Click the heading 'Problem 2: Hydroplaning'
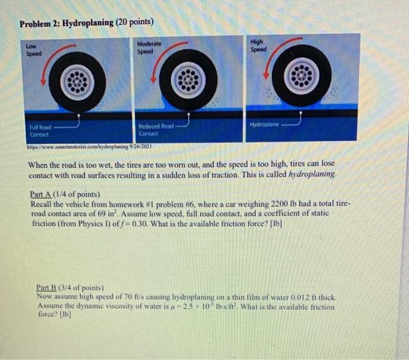(67, 23)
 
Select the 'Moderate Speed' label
(150, 47)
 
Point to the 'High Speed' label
(257, 46)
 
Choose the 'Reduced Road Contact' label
(155, 129)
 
